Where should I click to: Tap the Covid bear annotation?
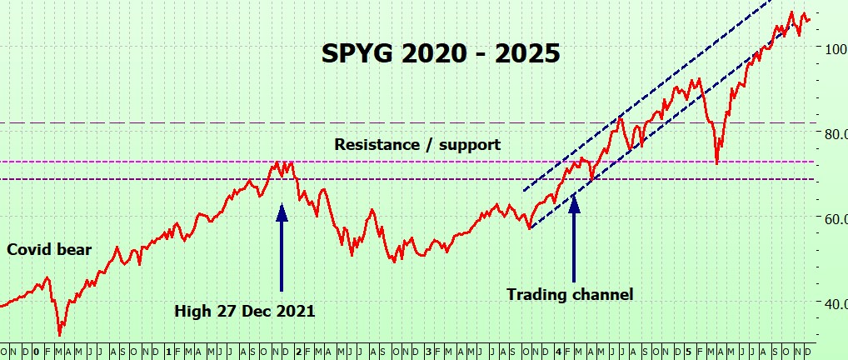point(49,249)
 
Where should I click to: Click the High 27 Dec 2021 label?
point(244,312)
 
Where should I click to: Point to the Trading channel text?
point(570,294)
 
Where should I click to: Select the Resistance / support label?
point(417,144)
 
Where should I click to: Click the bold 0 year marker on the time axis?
point(36,352)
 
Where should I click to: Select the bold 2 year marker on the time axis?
point(298,352)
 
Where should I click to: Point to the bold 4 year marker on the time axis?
point(557,352)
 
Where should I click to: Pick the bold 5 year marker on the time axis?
point(688,352)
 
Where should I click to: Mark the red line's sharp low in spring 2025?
point(717,163)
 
